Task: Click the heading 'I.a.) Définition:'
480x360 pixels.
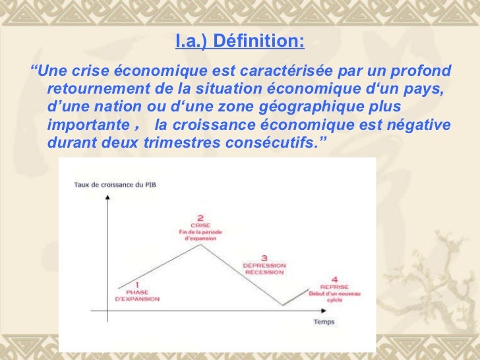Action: coord(240,43)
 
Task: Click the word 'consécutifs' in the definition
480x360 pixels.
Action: coord(274,142)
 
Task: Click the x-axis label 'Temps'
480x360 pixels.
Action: coord(324,322)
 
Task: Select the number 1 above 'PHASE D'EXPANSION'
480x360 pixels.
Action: coord(136,284)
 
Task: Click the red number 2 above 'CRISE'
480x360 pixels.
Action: coord(200,218)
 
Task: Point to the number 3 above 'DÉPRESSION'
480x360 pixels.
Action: coord(264,258)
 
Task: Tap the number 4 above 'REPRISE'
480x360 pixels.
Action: coord(334,280)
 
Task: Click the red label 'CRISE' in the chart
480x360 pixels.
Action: coord(200,225)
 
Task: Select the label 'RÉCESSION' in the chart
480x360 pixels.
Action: coord(264,272)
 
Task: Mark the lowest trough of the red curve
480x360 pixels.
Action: coord(284,305)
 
